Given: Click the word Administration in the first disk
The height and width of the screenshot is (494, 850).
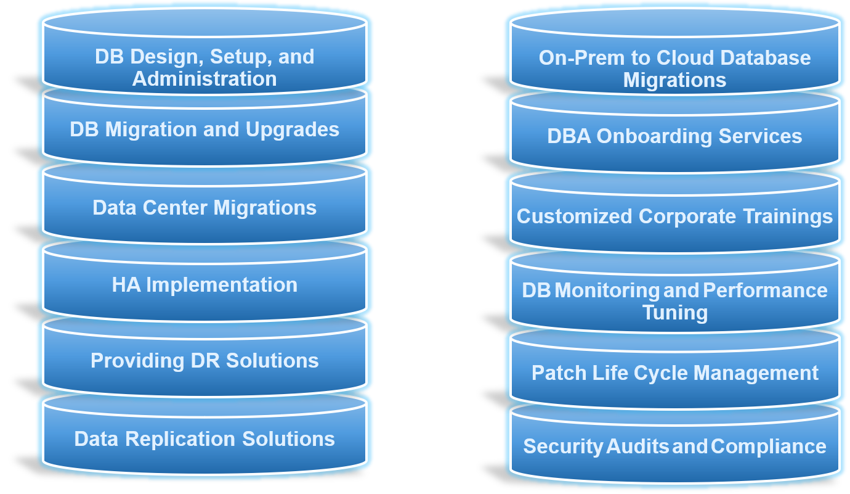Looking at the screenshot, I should [x=204, y=79].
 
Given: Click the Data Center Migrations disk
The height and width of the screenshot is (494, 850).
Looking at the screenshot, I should [x=204, y=208].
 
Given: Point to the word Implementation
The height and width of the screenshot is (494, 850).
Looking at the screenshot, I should [x=222, y=285].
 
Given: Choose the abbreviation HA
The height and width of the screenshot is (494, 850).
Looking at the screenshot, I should [x=126, y=285].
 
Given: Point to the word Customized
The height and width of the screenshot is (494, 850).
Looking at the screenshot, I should [x=574, y=216].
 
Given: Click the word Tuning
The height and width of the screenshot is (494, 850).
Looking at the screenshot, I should [x=675, y=313].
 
